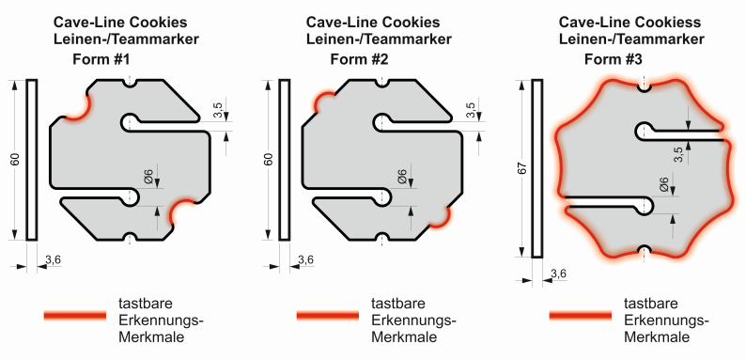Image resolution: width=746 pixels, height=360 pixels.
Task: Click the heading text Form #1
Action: coord(101,59)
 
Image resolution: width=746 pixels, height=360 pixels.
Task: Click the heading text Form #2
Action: coord(359,59)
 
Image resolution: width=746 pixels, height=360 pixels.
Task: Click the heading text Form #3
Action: coord(614,59)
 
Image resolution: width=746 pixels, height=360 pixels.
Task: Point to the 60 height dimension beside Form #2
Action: coord(270,160)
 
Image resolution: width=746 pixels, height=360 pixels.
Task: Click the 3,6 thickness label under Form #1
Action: coord(53,259)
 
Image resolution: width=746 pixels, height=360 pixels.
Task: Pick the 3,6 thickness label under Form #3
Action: coord(558,274)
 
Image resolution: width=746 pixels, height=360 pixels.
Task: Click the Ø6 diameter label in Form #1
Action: coord(148,176)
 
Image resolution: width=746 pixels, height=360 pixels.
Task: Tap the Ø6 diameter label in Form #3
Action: coord(663,184)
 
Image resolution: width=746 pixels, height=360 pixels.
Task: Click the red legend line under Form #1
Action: coord(75,315)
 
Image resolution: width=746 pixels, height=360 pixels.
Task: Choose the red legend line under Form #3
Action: coord(581,315)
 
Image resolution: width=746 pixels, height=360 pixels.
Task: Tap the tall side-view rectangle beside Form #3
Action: coord(537,168)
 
